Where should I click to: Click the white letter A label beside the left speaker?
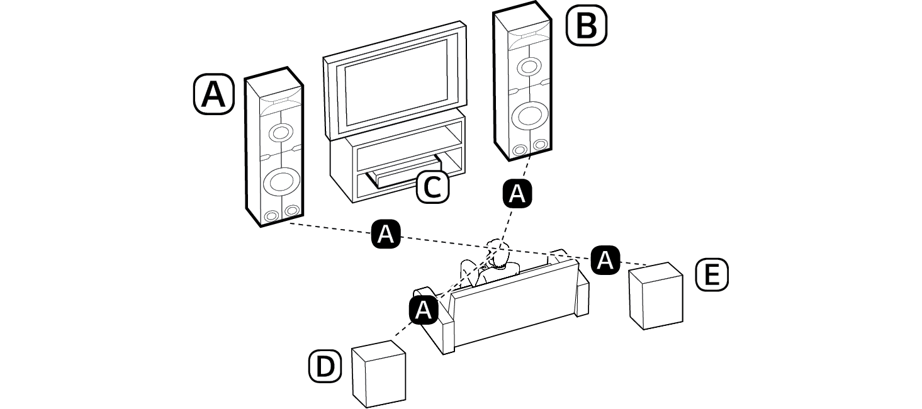213,94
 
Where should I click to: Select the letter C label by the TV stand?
433,187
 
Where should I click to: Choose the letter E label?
711,276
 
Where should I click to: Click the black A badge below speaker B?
517,194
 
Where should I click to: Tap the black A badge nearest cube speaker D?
424,310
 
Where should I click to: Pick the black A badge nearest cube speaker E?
605,259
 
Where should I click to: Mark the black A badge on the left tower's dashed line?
386,235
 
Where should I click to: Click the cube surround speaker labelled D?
378,374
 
